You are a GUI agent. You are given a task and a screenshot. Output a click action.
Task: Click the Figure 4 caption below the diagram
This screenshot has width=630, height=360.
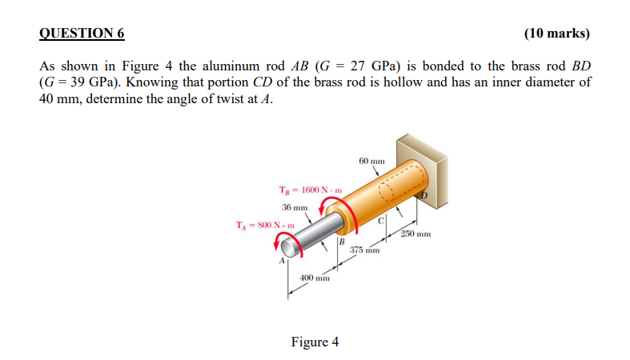pyautogui.click(x=315, y=342)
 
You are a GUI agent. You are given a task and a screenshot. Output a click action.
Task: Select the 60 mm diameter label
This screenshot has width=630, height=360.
pyautogui.click(x=373, y=161)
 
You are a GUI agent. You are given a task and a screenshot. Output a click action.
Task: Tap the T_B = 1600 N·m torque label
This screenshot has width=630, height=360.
pyautogui.click(x=311, y=190)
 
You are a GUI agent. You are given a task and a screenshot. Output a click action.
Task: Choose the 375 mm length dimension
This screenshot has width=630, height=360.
pyautogui.click(x=363, y=250)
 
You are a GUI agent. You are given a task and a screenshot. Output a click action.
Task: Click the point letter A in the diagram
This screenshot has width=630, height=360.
pyautogui.click(x=282, y=260)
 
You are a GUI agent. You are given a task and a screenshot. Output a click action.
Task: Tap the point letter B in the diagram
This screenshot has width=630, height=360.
pyautogui.click(x=342, y=242)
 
